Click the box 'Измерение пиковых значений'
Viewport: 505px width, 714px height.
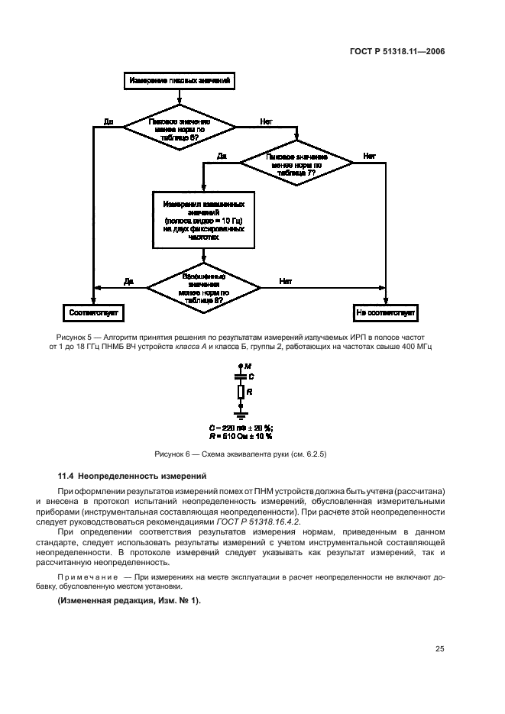180,80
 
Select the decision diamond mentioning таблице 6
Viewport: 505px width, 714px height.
180,126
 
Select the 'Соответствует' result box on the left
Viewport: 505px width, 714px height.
93,312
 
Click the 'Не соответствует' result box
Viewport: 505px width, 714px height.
385,312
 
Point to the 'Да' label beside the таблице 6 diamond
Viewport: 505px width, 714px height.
108,121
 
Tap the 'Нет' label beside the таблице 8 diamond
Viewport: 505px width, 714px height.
285,282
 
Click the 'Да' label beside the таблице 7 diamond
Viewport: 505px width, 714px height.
222,156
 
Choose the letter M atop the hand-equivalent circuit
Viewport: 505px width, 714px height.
248,367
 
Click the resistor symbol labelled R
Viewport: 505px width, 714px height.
241,392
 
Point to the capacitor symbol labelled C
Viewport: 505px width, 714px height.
241,376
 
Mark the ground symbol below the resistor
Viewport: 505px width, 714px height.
241,414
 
